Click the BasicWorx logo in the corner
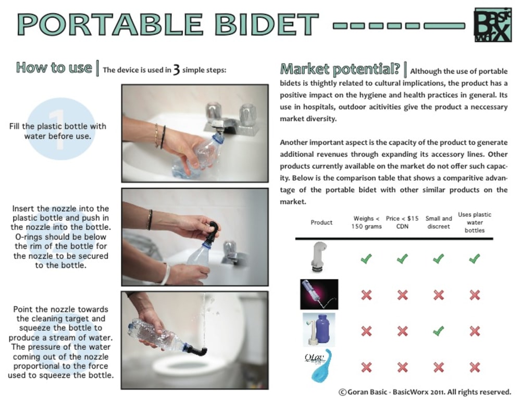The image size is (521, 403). click(493, 25)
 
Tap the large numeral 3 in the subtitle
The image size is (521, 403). click(177, 70)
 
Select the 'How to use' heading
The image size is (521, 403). click(54, 67)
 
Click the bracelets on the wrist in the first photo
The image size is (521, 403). click(160, 136)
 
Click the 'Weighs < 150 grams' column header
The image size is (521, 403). click(366, 223)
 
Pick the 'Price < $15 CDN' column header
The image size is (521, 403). click(402, 223)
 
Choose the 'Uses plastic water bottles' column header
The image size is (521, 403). click(475, 222)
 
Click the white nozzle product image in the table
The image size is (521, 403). click(318, 257)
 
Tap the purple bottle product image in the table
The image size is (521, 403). click(319, 329)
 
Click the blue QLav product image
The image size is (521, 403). click(320, 365)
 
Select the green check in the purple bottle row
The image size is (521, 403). click(438, 331)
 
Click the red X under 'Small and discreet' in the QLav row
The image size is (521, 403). click(439, 367)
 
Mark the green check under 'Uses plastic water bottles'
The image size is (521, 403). click(475, 259)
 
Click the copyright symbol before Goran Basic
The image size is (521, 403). click(343, 393)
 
